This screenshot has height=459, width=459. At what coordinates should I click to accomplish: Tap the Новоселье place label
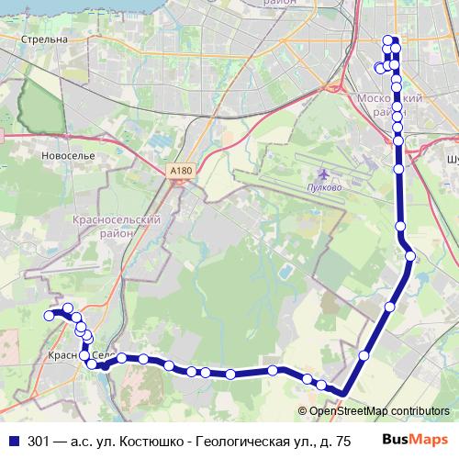pyautogui.click(x=69, y=156)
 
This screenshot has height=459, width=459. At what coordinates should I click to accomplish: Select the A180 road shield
pyautogui.click(x=181, y=170)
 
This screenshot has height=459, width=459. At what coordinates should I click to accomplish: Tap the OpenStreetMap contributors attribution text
pyautogui.click(x=379, y=410)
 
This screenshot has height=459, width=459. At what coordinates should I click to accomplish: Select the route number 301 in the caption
pyautogui.click(x=39, y=441)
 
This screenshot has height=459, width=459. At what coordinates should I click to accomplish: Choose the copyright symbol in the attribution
pyautogui.click(x=303, y=410)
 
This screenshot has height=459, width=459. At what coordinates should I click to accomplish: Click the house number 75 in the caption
pyautogui.click(x=342, y=441)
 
